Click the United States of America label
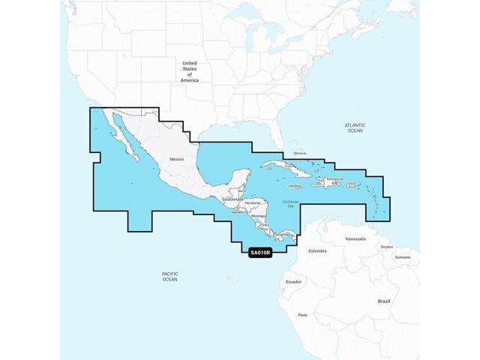(x=190, y=71)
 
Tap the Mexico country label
(x=176, y=160)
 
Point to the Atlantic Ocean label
(x=354, y=127)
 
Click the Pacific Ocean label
(x=169, y=276)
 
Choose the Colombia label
(x=317, y=250)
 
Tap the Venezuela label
(x=355, y=238)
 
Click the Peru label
(x=302, y=314)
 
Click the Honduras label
(x=253, y=203)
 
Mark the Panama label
(x=280, y=235)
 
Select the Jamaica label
(x=294, y=186)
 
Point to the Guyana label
(x=386, y=246)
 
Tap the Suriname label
(x=403, y=256)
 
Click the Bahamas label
(x=300, y=152)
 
